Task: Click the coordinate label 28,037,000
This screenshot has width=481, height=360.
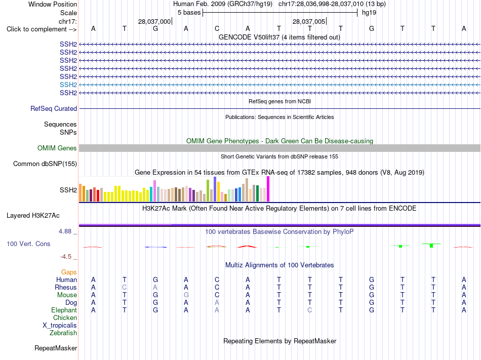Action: click(x=154, y=21)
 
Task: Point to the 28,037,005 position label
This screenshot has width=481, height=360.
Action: click(x=309, y=21)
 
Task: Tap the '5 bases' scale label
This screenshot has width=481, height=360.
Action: click(x=189, y=13)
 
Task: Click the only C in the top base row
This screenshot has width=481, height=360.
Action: click(x=217, y=28)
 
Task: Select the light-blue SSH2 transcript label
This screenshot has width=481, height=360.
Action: click(x=68, y=85)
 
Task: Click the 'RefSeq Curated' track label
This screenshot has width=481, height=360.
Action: click(x=54, y=108)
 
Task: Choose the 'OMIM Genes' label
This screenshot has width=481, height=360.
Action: click(x=57, y=148)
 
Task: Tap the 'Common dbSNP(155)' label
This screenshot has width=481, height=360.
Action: click(x=45, y=164)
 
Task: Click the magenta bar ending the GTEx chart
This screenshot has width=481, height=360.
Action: click(x=268, y=189)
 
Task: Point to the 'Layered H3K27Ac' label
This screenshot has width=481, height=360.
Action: click(x=33, y=216)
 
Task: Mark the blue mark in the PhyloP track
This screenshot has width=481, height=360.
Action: click(x=156, y=247)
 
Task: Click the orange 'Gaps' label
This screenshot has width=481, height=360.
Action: click(x=69, y=272)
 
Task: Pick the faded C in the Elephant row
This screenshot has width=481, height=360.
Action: click(x=309, y=310)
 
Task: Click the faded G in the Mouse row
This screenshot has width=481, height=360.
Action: click(x=186, y=295)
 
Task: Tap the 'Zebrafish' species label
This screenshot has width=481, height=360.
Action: click(x=63, y=333)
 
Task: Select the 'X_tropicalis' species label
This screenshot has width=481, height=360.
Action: click(x=60, y=326)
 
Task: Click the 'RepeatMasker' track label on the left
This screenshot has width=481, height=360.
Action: click(x=56, y=348)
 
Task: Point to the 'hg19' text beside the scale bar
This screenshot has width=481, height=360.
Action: click(x=369, y=13)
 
